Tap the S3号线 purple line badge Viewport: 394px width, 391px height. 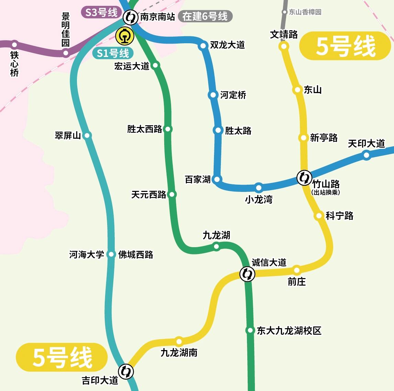pyautogui.click(x=101, y=13)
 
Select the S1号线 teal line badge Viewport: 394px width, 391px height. pyautogui.click(x=113, y=53)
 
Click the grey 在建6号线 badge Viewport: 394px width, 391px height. pyautogui.click(x=205, y=16)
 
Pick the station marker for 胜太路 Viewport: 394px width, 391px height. pyautogui.click(x=218, y=130)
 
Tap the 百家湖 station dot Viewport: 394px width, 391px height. pyautogui.click(x=217, y=179)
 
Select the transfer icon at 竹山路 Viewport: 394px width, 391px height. pyautogui.click(x=304, y=177)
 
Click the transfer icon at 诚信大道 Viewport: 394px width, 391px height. pyautogui.click(x=247, y=274)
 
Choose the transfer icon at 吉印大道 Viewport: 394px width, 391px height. pyautogui.click(x=126, y=371)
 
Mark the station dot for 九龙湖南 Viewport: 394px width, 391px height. pyautogui.click(x=179, y=341)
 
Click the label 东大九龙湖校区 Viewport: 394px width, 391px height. pyautogui.click(x=289, y=331)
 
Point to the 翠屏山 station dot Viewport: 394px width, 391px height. pyautogui.click(x=87, y=135)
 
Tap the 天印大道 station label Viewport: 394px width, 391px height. pyautogui.click(x=366, y=143)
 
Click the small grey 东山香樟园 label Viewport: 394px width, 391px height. pyautogui.click(x=305, y=12)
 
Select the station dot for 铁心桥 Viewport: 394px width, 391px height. pyautogui.click(x=14, y=44)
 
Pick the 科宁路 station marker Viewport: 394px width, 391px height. pyautogui.click(x=319, y=216)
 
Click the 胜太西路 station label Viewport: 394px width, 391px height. pyautogui.click(x=144, y=129)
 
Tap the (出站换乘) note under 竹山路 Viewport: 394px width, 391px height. pyautogui.click(x=326, y=193)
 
